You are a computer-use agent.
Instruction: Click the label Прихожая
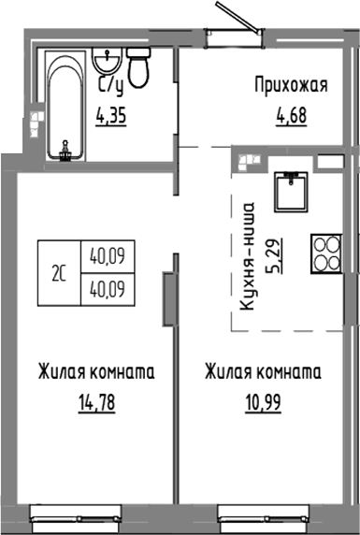coord(290,87)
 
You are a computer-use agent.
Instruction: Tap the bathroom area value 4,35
coord(113,117)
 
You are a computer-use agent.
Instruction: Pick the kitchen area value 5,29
coord(274,253)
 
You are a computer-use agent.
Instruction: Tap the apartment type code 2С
coord(59,274)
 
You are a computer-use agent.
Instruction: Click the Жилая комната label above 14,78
coord(96,372)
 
